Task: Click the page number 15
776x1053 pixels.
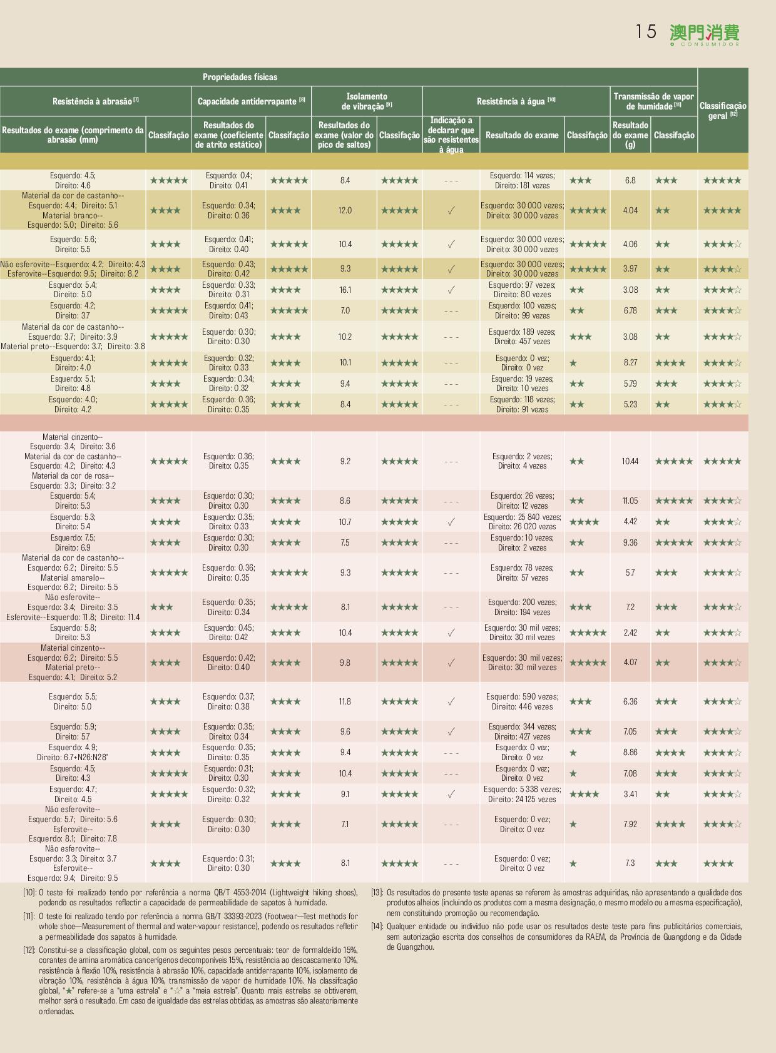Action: (x=646, y=32)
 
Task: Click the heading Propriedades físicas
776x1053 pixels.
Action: (x=240, y=77)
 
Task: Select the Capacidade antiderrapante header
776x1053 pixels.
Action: (x=251, y=101)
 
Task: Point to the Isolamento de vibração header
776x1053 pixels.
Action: (x=367, y=101)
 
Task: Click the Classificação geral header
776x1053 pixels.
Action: (x=723, y=111)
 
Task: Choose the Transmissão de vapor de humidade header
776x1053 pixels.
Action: (x=653, y=101)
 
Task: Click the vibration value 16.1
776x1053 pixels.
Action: (x=345, y=290)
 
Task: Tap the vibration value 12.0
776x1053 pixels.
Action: (x=345, y=210)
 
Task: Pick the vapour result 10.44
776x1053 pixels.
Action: (x=630, y=461)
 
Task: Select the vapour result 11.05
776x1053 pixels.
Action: (x=630, y=501)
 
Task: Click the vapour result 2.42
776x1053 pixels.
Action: (x=630, y=633)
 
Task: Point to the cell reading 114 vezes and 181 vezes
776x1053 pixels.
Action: (x=522, y=180)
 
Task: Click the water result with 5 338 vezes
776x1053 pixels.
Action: (x=522, y=794)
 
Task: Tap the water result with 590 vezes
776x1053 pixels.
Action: (x=522, y=701)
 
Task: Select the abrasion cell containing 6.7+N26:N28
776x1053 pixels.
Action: (x=73, y=752)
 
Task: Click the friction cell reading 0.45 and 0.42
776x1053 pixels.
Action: (x=228, y=633)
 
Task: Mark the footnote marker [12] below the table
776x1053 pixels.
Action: (x=29, y=950)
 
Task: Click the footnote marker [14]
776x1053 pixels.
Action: (x=377, y=926)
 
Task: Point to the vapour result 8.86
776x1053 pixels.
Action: (x=630, y=752)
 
